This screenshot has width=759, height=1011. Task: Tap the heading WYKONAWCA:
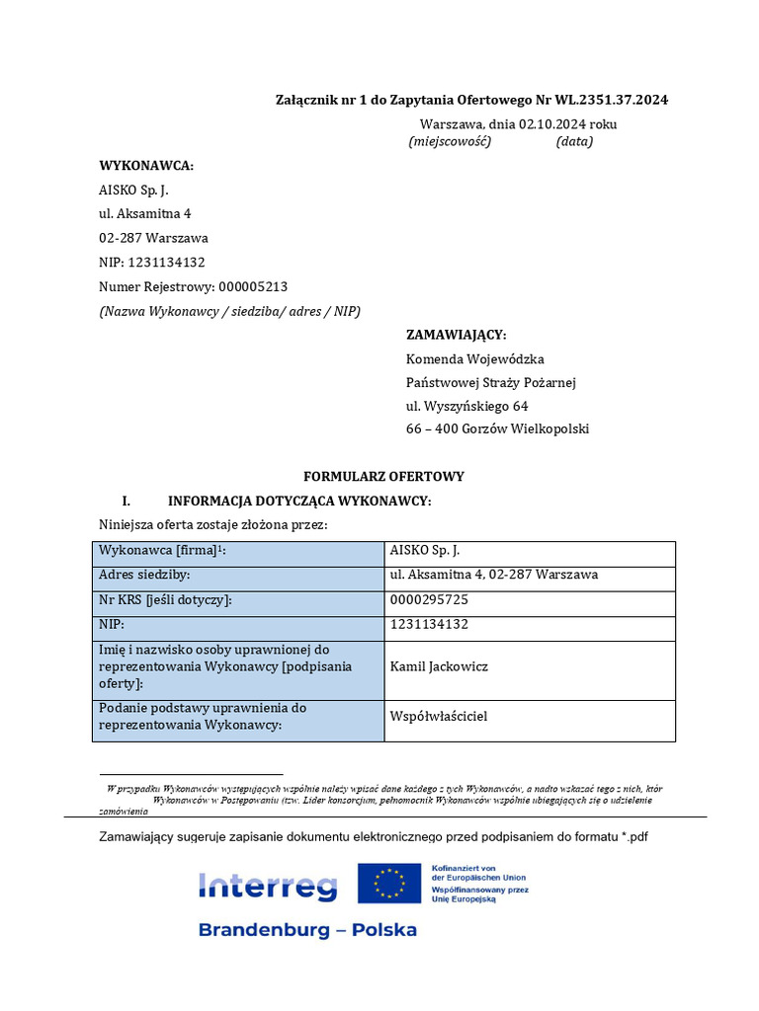pyautogui.click(x=146, y=165)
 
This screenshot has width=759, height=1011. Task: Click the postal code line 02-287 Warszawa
pyautogui.click(x=153, y=238)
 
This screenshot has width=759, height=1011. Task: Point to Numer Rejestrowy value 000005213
pyautogui.click(x=253, y=286)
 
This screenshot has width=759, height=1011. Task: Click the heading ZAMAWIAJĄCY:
pyautogui.click(x=456, y=335)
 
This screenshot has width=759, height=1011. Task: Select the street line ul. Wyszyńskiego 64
pyautogui.click(x=467, y=406)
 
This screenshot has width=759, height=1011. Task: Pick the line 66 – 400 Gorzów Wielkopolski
pyautogui.click(x=497, y=429)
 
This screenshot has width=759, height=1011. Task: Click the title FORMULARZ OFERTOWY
pyautogui.click(x=383, y=476)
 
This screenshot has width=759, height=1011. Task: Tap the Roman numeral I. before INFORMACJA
pyautogui.click(x=126, y=501)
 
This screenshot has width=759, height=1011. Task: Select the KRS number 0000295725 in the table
pyautogui.click(x=429, y=599)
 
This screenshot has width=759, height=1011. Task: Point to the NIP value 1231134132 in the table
pyautogui.click(x=429, y=624)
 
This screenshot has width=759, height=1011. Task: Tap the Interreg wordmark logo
pyautogui.click(x=268, y=886)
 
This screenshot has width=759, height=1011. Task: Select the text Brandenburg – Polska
pyautogui.click(x=307, y=930)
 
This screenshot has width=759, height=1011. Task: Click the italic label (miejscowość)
pyautogui.click(x=450, y=142)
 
